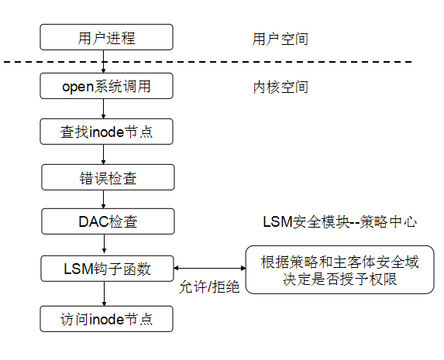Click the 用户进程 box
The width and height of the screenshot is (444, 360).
[x=105, y=36]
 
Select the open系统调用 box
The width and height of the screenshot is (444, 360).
[x=105, y=86]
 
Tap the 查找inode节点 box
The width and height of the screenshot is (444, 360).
[x=105, y=132]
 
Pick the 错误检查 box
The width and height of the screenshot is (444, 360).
[x=105, y=177]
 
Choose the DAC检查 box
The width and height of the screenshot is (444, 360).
[x=105, y=222]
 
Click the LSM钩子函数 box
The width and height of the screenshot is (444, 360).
[x=105, y=269]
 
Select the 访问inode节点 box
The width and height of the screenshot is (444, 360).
[x=105, y=318]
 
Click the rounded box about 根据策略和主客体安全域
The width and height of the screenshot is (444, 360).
[x=340, y=269]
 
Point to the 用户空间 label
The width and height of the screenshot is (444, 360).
[x=280, y=39]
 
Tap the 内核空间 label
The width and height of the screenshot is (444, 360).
[x=280, y=87]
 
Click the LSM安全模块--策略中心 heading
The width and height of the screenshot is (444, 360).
[x=340, y=222]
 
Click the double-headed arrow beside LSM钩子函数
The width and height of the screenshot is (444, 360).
[x=207, y=269]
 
